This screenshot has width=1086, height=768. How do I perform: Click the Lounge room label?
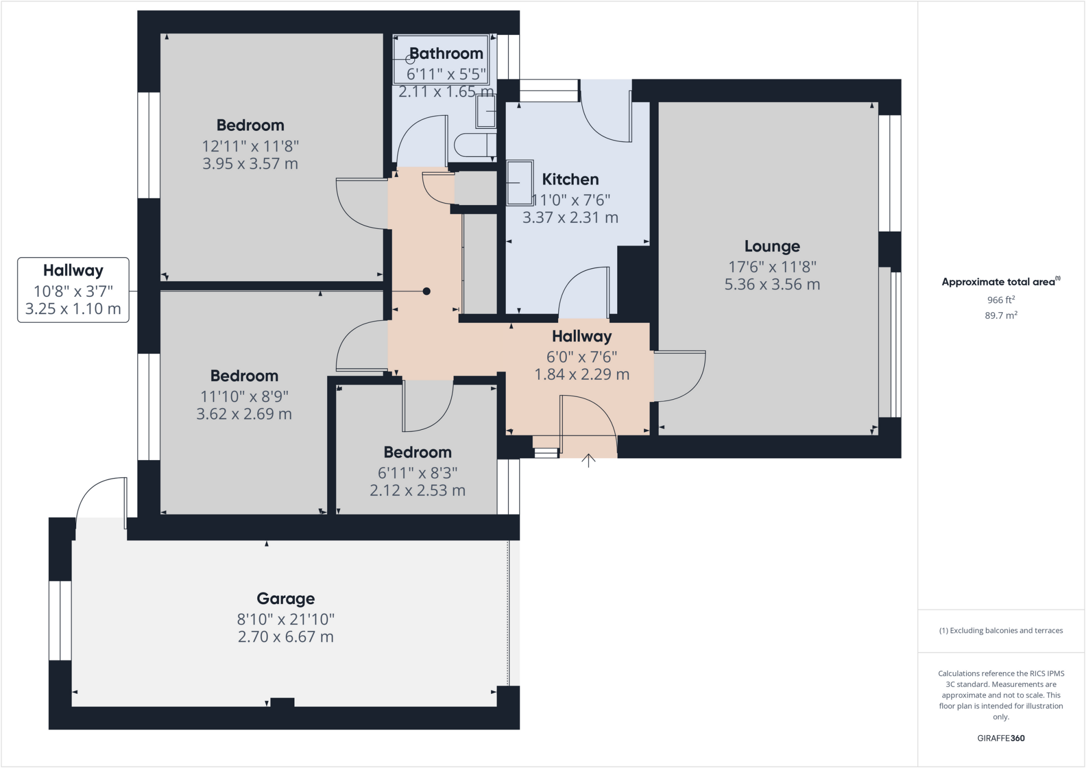coord(772,246)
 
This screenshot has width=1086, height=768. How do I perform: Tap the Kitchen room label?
coord(570,179)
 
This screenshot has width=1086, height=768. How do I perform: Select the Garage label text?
coord(285,598)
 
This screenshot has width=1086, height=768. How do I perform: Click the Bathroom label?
coord(446,54)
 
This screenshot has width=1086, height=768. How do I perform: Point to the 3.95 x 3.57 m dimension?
coord(250,163)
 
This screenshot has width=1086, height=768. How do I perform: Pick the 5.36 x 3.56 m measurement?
coord(772,284)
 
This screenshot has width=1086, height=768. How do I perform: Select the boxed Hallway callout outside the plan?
coord(73,289)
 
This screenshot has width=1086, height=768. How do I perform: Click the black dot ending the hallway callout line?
coord(426,291)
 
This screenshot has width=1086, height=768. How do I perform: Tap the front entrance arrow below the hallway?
coord(588,460)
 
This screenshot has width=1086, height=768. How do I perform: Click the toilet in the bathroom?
coord(474,145)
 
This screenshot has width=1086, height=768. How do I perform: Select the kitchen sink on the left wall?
coord(520,183)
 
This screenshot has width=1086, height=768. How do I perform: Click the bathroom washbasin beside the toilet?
coord(485,111)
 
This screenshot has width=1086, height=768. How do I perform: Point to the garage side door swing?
coord(101,501)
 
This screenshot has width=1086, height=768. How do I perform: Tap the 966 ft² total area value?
coord(1001,300)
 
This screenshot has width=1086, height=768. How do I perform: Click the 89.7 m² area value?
coord(1001,315)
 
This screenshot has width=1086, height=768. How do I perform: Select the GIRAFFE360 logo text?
coord(1001,738)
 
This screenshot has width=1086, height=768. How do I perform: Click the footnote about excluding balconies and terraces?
coord(1001,630)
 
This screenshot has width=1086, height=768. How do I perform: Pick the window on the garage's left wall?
coord(60,620)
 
